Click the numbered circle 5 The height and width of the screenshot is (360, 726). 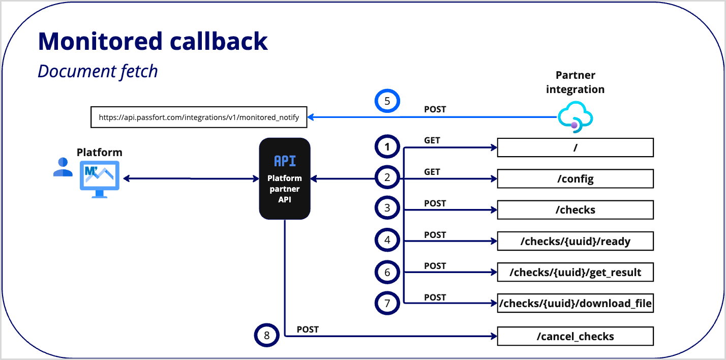[x=387, y=101]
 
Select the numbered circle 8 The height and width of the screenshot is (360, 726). [x=267, y=335]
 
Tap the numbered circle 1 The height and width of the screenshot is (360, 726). [x=387, y=147]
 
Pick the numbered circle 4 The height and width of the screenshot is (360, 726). [x=387, y=240]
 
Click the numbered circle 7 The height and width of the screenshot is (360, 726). [x=387, y=303]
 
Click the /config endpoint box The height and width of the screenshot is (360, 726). [x=575, y=179]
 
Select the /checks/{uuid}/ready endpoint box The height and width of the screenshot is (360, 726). [x=575, y=241]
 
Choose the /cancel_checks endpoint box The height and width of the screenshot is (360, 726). [x=575, y=337]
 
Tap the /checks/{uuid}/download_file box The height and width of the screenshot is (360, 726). [x=575, y=304]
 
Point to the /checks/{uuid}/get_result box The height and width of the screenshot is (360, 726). [x=575, y=273]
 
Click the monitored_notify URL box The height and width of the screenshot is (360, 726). [x=199, y=117]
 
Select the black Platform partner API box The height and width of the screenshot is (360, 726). [x=285, y=178]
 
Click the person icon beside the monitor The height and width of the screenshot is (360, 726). [x=63, y=167]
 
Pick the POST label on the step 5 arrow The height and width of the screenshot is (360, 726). [x=435, y=109]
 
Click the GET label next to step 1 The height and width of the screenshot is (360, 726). [x=432, y=140]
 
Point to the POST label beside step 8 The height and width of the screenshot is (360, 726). [x=308, y=329]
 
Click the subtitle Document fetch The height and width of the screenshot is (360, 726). [x=98, y=71]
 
